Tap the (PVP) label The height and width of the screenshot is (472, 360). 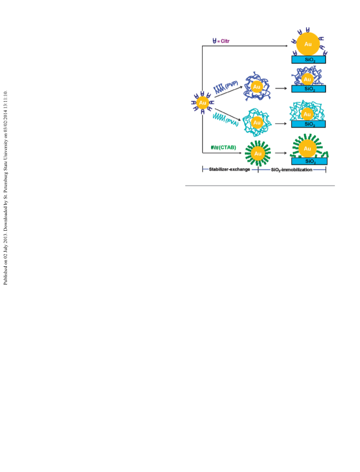(x=231, y=84)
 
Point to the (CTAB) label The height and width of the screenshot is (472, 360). (x=227, y=148)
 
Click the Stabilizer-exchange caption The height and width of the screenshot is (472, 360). (x=229, y=169)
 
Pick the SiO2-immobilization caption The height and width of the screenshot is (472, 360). (x=291, y=170)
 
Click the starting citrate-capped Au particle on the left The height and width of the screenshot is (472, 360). (x=203, y=103)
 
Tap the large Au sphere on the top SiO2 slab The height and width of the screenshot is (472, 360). (x=308, y=44)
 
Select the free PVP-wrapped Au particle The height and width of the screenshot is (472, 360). (x=256, y=87)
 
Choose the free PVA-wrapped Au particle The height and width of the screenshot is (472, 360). (x=257, y=123)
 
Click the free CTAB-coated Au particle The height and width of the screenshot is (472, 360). (x=258, y=154)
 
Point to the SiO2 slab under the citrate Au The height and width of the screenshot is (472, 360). (x=309, y=60)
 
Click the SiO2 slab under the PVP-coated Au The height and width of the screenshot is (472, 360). (x=309, y=89)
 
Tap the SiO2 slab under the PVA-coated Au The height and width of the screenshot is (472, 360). (x=308, y=124)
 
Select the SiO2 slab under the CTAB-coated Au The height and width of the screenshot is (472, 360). (x=309, y=161)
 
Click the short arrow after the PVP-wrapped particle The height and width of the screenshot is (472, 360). (x=281, y=88)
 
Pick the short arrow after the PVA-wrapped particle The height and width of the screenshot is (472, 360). (x=281, y=124)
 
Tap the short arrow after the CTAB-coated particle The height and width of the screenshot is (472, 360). (x=281, y=153)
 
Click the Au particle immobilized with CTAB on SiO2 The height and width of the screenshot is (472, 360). (x=307, y=149)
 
